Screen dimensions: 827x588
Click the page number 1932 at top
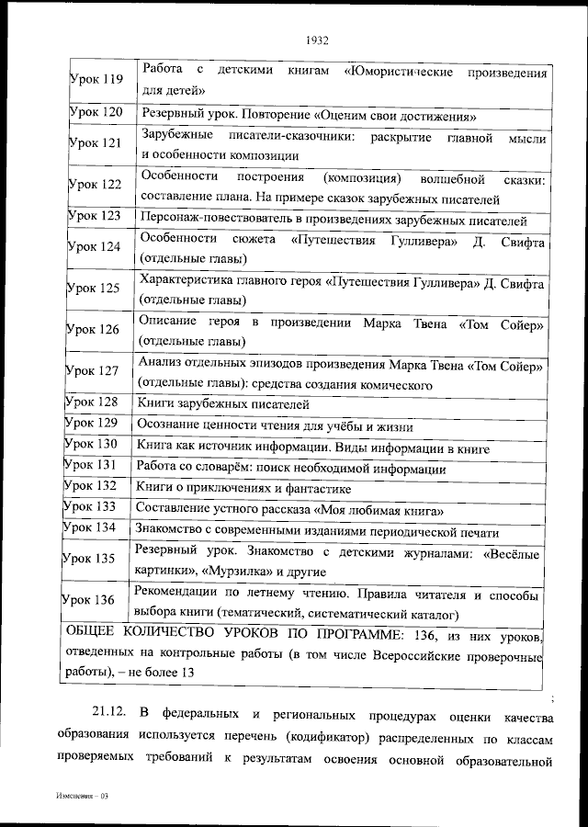tap(315, 40)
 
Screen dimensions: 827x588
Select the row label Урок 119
tap(96, 80)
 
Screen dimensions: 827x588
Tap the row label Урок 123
tap(95, 216)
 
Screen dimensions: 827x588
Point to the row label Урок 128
tap(92, 402)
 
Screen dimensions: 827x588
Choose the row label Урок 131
tap(91, 465)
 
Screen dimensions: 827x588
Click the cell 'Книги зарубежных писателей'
tap(223, 403)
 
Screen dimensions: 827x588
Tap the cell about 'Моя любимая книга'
tap(290, 509)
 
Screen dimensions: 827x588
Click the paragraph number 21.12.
tap(113, 716)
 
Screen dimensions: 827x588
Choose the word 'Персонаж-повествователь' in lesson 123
tap(210, 221)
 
